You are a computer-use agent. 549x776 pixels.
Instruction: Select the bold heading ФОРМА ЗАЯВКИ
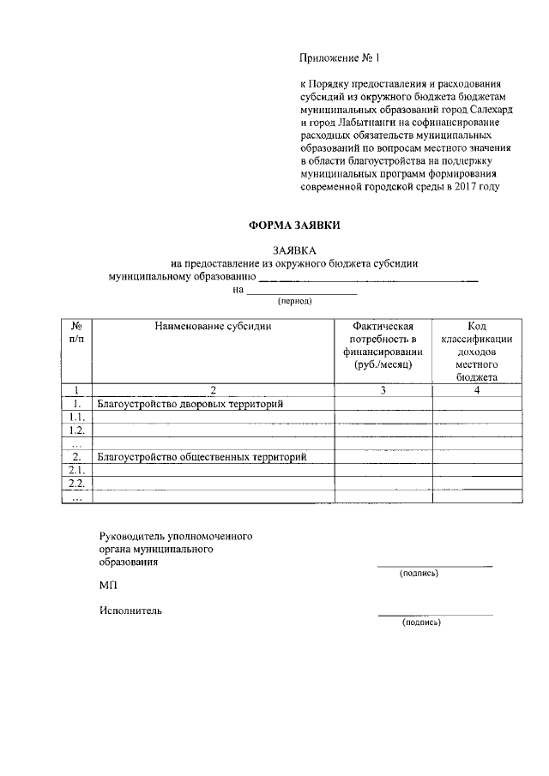(x=294, y=226)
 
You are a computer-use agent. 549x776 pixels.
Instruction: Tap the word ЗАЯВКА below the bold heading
(x=294, y=250)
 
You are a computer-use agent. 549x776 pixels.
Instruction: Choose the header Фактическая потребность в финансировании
(x=383, y=346)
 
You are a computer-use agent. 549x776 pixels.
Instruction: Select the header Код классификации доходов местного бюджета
(x=476, y=352)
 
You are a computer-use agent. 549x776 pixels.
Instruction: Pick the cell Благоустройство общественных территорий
(x=202, y=457)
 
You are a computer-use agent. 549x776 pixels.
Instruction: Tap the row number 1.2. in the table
(x=76, y=430)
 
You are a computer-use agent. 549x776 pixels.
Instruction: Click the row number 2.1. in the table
(x=76, y=471)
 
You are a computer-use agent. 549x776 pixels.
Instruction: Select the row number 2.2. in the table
(x=76, y=484)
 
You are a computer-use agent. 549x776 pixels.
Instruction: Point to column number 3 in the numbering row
(x=383, y=391)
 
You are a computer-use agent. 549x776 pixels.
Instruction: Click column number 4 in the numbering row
(x=476, y=391)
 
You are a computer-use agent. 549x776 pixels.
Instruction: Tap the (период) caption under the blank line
(x=294, y=302)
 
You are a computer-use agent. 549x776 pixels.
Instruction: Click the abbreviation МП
(x=107, y=585)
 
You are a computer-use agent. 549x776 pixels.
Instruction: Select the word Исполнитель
(x=130, y=611)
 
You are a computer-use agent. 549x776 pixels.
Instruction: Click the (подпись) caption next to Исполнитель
(x=420, y=623)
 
